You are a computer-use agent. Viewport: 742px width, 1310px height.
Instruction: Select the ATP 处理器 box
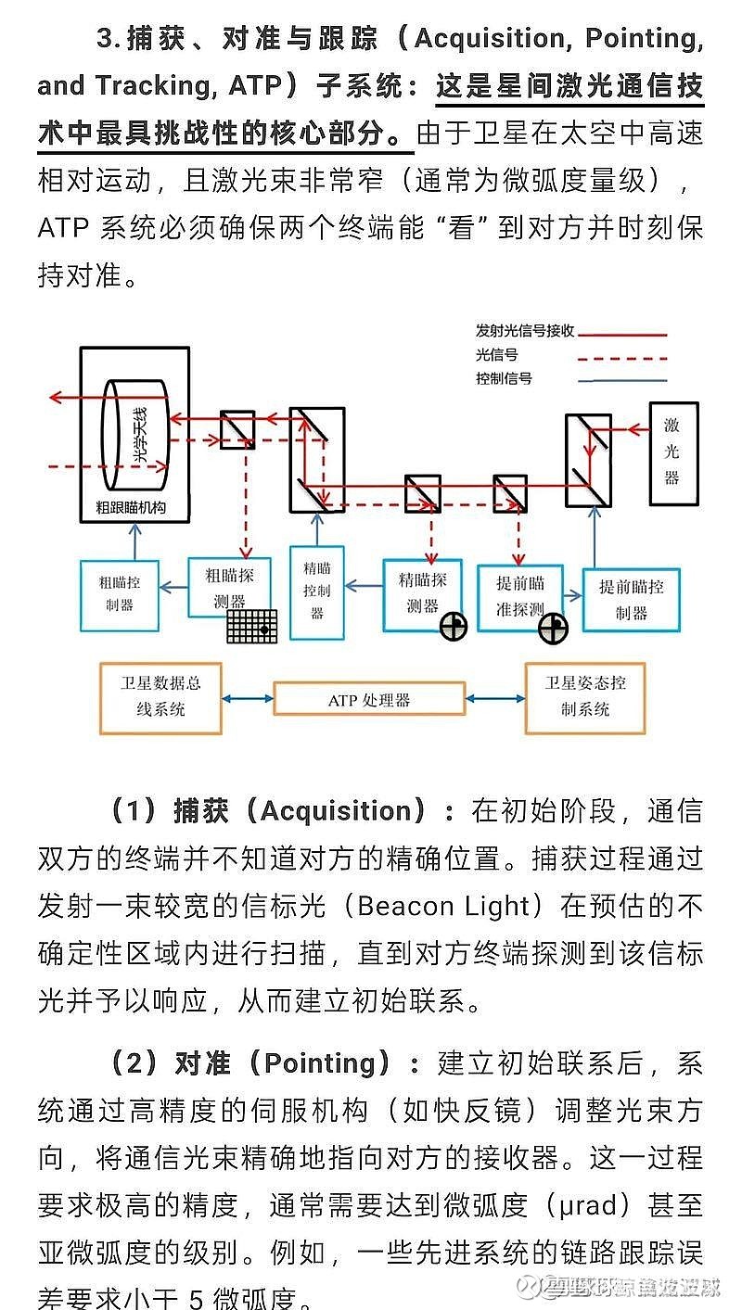(x=369, y=700)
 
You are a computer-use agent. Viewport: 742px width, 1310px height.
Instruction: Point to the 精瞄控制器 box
(x=317, y=591)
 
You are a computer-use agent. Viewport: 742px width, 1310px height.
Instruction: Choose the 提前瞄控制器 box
(x=631, y=599)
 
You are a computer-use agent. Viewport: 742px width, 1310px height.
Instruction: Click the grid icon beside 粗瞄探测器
(x=252, y=626)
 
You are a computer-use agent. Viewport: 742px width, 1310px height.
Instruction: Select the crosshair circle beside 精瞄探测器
(x=453, y=627)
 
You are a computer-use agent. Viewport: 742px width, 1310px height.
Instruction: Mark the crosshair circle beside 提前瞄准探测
(x=553, y=629)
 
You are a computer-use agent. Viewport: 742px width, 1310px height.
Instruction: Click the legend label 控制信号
(x=504, y=379)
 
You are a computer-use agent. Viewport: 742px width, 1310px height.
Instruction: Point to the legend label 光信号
(x=496, y=354)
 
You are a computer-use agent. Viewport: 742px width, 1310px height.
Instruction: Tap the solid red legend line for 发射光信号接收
(x=622, y=333)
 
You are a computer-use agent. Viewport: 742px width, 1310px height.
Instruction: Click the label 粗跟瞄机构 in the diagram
(x=135, y=508)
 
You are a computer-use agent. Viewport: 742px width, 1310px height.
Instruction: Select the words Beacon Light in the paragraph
(x=450, y=905)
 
